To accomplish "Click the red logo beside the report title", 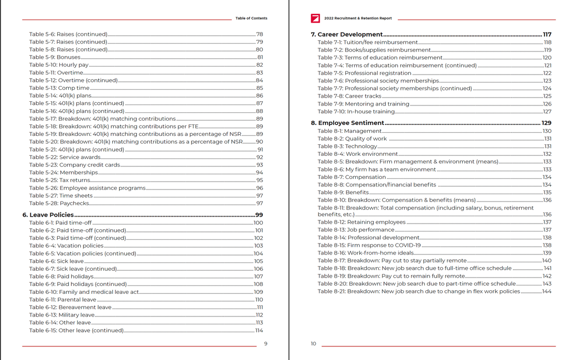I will click(315, 18).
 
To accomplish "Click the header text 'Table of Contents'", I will click(251, 18).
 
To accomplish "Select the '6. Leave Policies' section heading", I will click(48, 215).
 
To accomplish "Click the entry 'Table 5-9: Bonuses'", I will click(55, 57).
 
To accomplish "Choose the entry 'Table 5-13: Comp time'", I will click(59, 88).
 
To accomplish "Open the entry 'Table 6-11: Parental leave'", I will click(62, 300).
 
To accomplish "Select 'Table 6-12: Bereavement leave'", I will click(70, 308).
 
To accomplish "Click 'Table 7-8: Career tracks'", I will click(349, 96).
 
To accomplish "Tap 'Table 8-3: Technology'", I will click(347, 146).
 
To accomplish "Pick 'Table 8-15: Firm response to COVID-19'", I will click(369, 245).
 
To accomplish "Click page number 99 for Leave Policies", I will click(259, 215).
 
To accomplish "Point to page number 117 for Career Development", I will click(547, 34).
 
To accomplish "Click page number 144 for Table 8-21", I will click(547, 291).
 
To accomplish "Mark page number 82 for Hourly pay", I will click(259, 65).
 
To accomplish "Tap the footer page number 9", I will click(265, 344).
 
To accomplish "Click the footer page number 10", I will click(313, 344).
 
